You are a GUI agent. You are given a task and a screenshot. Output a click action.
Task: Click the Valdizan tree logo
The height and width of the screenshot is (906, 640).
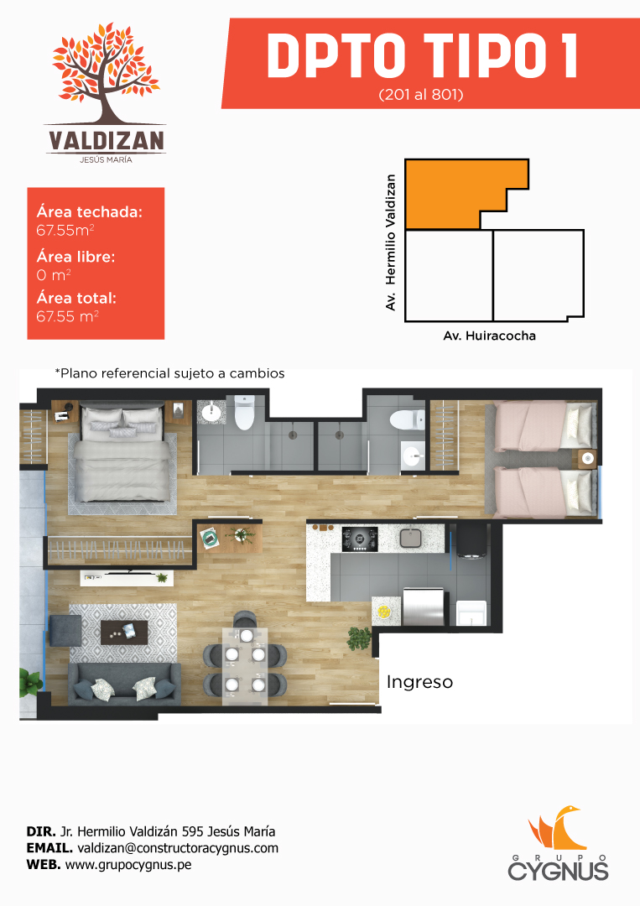pyautogui.click(x=106, y=92)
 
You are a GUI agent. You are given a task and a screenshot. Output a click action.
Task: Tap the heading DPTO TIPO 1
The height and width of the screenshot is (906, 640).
pyautogui.click(x=422, y=56)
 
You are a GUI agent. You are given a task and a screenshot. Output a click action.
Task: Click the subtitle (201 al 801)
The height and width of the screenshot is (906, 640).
pyautogui.click(x=421, y=94)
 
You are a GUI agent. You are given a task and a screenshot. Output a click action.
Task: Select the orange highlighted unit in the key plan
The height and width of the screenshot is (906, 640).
pyautogui.click(x=456, y=194)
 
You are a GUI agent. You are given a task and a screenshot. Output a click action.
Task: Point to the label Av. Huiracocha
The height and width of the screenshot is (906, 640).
pyautogui.click(x=489, y=336)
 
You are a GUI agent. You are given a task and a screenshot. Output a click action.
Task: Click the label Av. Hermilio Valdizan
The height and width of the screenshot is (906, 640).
pyautogui.click(x=391, y=242)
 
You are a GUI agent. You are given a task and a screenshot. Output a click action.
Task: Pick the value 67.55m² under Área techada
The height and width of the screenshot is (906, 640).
pyautogui.click(x=65, y=230)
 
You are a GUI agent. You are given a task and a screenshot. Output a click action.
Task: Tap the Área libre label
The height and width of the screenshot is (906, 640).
pyautogui.click(x=75, y=257)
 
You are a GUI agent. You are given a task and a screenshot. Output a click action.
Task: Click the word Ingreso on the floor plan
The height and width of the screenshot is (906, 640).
pyautogui.click(x=420, y=682)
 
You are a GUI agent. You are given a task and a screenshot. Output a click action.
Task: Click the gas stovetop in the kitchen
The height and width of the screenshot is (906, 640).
pyautogui.click(x=360, y=539)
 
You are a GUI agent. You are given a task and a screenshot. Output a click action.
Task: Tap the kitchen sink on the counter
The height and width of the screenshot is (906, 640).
pyautogui.click(x=410, y=538)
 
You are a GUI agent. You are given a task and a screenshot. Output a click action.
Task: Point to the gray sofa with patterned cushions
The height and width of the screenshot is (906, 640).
pyautogui.click(x=125, y=684)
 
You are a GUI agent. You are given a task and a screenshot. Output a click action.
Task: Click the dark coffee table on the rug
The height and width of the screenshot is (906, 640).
pyautogui.click(x=124, y=633)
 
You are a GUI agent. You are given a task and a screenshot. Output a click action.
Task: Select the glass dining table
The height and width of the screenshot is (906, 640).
pyautogui.click(x=246, y=665)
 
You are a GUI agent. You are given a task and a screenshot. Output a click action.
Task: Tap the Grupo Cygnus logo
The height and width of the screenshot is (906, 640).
pyautogui.click(x=558, y=844)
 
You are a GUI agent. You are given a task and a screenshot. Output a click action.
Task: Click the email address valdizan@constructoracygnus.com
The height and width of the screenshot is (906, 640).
pyautogui.click(x=178, y=847)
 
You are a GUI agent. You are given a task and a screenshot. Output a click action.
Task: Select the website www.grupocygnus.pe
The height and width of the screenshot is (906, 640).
pyautogui.click(x=128, y=864)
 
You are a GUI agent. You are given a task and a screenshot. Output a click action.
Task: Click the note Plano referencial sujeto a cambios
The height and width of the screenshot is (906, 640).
pyautogui.click(x=169, y=373)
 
